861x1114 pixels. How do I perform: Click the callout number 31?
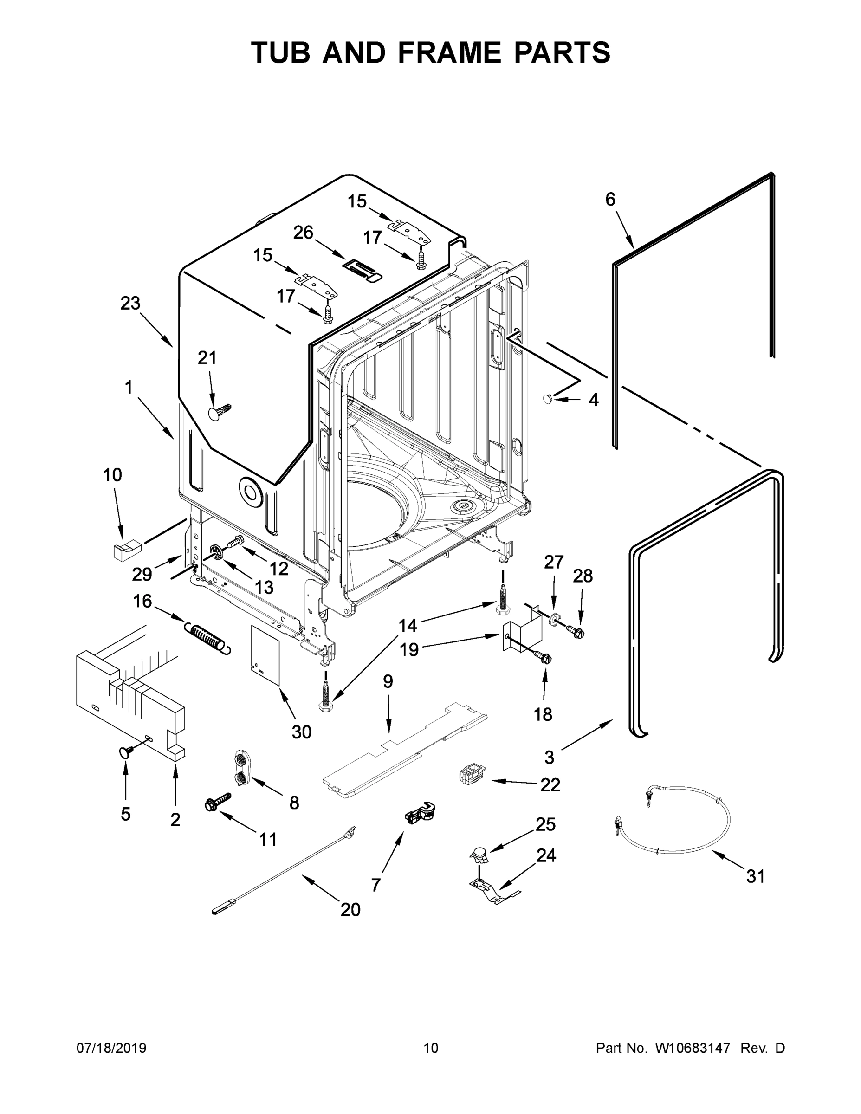pyautogui.click(x=756, y=876)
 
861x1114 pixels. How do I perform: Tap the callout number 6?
pyautogui.click(x=610, y=200)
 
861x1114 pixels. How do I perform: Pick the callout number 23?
pyautogui.click(x=130, y=304)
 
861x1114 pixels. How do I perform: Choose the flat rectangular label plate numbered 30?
pyautogui.click(x=265, y=655)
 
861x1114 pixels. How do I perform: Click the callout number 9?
pyautogui.click(x=388, y=681)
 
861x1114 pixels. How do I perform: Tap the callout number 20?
pyautogui.click(x=350, y=909)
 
